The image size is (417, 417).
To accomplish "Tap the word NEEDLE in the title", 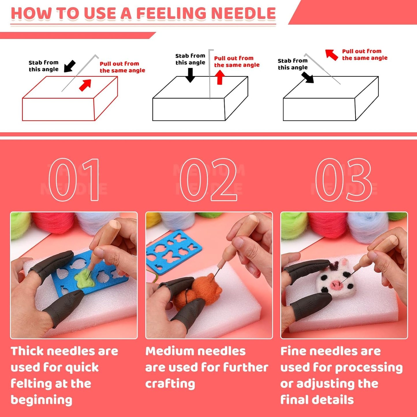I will (x=243, y=14).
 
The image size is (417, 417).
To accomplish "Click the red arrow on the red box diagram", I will (x=85, y=85).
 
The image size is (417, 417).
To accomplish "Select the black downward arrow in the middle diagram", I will (x=190, y=75).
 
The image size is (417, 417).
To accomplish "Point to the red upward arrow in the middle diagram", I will (x=220, y=77).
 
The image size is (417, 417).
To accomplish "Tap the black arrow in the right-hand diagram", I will (x=308, y=77).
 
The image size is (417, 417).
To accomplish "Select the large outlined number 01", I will (x=74, y=179).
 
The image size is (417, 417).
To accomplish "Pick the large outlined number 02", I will (x=208, y=179).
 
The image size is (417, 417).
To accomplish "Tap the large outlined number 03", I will (x=343, y=179).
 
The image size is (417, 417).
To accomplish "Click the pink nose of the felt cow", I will (x=335, y=285).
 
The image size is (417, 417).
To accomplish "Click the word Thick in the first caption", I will (x=27, y=351).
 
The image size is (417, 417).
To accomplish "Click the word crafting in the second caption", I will (x=170, y=384).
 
